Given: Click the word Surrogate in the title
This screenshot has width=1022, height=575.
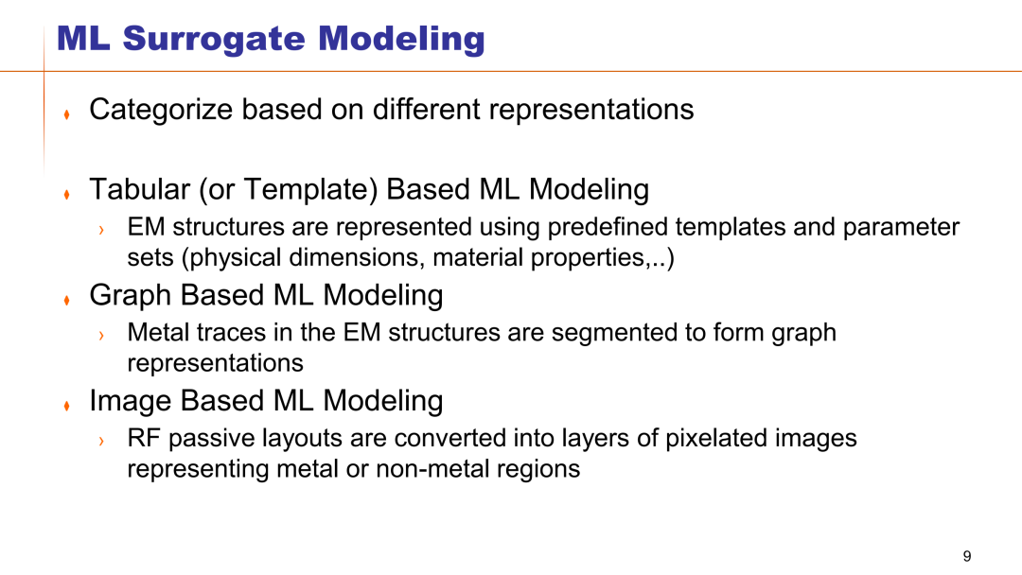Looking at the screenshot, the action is [214, 39].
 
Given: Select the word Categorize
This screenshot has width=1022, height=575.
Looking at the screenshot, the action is [160, 110].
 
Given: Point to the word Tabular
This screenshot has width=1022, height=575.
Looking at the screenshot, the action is [139, 189].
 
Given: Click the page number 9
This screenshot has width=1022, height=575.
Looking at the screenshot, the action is [966, 556].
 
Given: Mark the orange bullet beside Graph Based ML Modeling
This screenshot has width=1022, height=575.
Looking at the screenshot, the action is [66, 300].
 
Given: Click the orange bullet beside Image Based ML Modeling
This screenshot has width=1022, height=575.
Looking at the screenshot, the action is [66, 406].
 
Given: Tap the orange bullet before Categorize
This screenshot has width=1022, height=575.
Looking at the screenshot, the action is [66, 114].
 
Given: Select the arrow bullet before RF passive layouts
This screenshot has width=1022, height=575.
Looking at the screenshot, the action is [101, 442].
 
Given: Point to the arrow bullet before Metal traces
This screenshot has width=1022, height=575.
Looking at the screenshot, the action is [101, 336].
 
